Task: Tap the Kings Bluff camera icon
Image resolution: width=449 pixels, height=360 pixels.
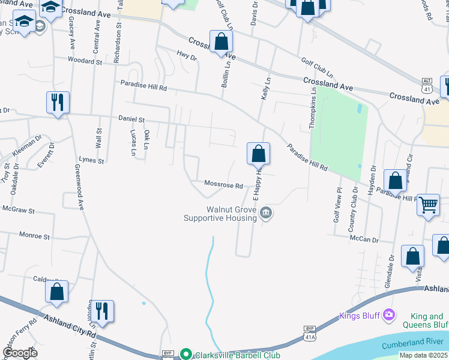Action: click(x=389, y=314)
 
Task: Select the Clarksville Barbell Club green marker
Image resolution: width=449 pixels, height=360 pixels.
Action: click(x=186, y=355)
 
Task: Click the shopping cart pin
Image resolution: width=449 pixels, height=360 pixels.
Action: click(x=428, y=205)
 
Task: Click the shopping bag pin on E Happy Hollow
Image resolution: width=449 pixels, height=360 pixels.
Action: click(x=258, y=154)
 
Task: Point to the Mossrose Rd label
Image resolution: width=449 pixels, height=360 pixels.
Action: click(x=223, y=185)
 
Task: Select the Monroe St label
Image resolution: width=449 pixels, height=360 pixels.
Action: click(x=35, y=236)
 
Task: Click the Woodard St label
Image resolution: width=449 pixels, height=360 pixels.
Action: click(x=85, y=61)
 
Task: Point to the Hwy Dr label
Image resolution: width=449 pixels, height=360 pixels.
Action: click(x=186, y=57)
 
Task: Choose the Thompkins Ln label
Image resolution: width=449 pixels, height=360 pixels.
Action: click(x=312, y=107)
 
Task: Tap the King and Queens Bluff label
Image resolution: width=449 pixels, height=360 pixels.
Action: click(x=429, y=320)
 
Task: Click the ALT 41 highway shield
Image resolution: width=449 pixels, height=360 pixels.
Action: click(x=427, y=83)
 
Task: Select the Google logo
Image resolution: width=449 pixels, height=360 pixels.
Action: click(x=20, y=352)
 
